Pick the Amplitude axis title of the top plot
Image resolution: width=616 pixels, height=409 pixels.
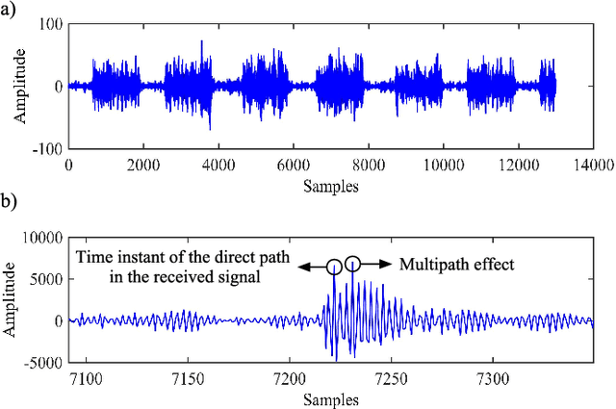pyautogui.click(x=19, y=86)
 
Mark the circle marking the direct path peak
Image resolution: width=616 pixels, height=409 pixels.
pyautogui.click(x=334, y=267)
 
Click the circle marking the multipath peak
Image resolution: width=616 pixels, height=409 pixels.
pyautogui.click(x=353, y=263)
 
